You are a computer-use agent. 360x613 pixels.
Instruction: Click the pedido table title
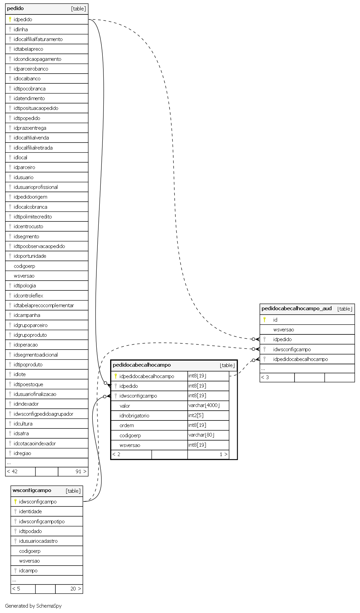click(x=15, y=8)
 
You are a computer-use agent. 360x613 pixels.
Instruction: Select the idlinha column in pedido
click(x=21, y=30)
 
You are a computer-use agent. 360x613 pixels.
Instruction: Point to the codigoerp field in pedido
click(x=25, y=266)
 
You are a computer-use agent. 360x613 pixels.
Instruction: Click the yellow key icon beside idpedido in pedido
click(x=10, y=19)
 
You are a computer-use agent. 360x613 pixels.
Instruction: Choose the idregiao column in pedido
click(x=22, y=453)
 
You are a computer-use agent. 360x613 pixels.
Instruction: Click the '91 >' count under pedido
click(x=81, y=472)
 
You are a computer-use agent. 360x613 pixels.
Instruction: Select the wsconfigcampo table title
click(x=32, y=490)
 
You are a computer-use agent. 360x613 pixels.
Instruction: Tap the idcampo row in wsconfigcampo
click(x=28, y=571)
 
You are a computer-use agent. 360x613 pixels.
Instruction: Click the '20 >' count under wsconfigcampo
click(x=76, y=589)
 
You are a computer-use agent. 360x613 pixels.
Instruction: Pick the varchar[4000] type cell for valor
click(x=204, y=406)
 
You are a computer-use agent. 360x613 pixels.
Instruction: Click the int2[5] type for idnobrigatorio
click(x=196, y=415)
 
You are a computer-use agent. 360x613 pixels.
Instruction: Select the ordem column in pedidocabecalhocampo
click(x=127, y=425)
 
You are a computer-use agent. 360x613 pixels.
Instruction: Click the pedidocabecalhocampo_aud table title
click(x=297, y=309)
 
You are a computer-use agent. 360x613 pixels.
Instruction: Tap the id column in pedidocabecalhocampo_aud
click(x=275, y=320)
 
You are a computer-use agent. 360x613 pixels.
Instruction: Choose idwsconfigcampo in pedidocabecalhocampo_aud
click(x=292, y=350)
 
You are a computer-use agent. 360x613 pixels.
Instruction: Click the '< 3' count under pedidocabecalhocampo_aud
click(x=265, y=377)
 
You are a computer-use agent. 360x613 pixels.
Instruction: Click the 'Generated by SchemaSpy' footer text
click(x=33, y=606)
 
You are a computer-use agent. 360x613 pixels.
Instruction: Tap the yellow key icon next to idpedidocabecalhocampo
click(x=116, y=376)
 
